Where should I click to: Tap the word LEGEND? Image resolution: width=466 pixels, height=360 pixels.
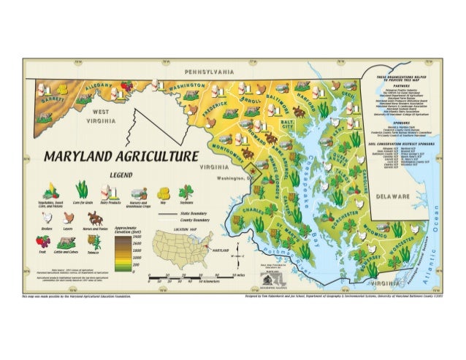click(120, 175)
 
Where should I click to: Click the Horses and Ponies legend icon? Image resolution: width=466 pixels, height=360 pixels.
click(94, 218)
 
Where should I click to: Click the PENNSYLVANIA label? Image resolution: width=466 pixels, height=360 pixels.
click(209, 73)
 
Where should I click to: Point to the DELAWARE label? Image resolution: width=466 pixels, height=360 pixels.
click(393, 197)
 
